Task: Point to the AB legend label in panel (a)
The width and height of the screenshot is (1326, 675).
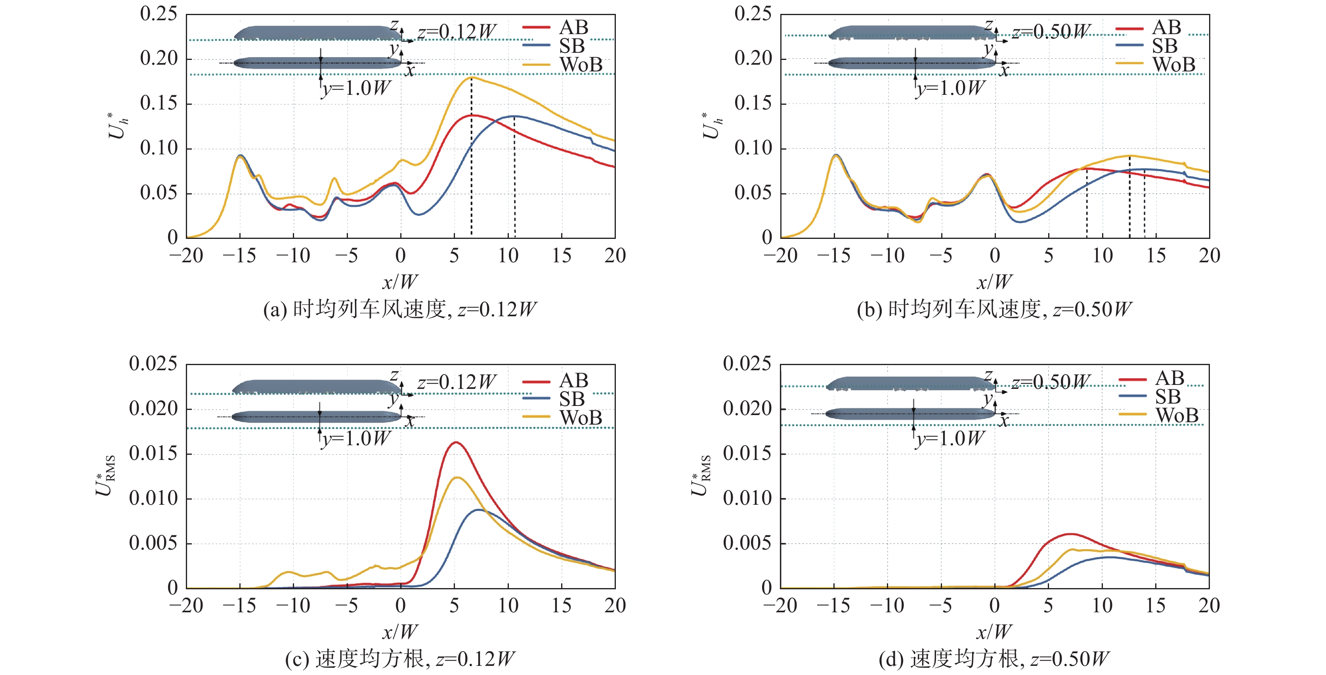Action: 573,27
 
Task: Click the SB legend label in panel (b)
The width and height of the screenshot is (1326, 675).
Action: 1164,46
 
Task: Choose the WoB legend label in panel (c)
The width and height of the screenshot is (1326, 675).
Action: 581,417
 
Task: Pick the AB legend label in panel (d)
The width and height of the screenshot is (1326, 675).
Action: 1169,378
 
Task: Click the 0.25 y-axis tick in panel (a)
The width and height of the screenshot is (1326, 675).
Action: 159,14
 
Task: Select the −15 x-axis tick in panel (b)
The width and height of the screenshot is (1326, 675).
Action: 833,256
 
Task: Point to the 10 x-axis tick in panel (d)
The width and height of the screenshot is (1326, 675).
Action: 1102,606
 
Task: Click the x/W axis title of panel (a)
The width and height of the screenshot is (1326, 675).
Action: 400,282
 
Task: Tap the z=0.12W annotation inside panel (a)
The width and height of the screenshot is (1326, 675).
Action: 457,32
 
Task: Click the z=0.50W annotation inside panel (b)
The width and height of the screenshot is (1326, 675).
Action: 1051,32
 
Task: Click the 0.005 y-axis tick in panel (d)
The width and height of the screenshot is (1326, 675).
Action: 747,543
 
